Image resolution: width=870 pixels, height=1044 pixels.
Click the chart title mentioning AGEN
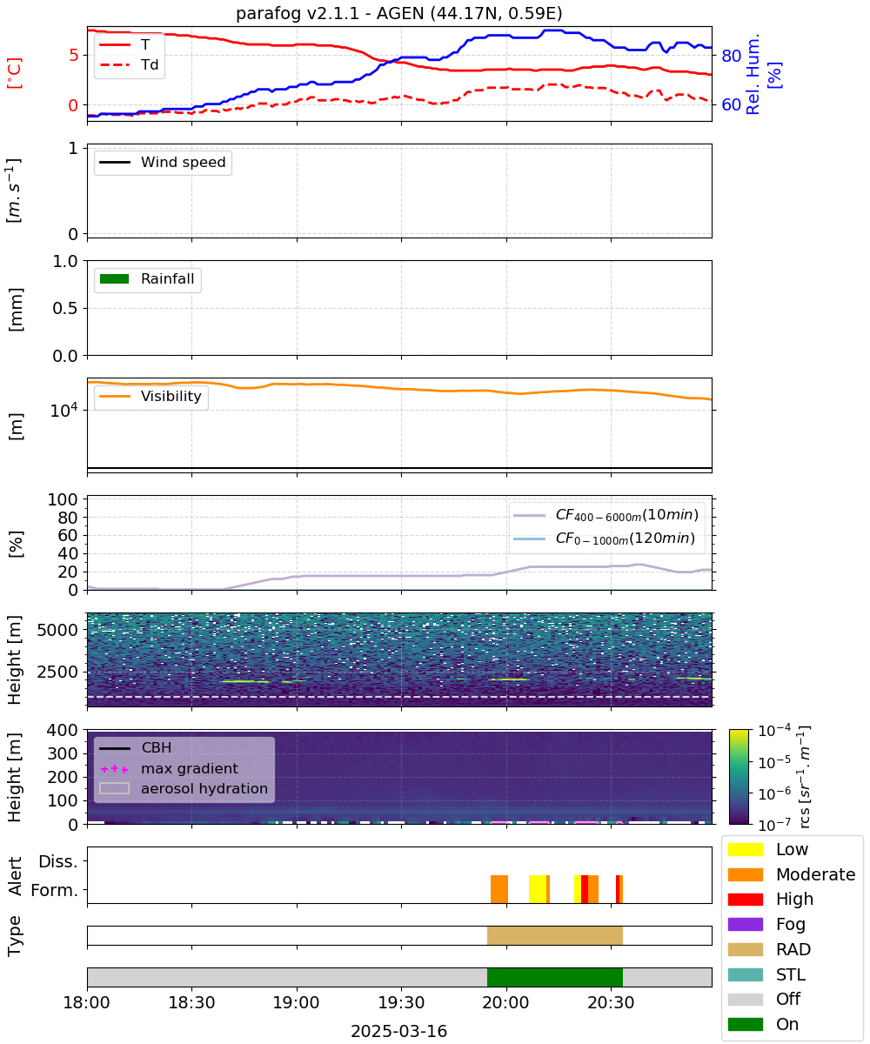click(x=399, y=13)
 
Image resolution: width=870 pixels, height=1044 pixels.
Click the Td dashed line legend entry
click(x=129, y=64)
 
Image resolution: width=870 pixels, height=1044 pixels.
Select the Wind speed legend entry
click(x=163, y=162)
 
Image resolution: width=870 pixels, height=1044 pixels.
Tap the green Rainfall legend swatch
click(x=115, y=278)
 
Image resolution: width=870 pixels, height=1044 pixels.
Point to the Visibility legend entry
click(x=150, y=396)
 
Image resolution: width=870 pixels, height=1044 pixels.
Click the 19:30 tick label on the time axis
click(x=401, y=1002)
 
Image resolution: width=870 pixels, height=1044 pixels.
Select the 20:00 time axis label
click(x=506, y=1002)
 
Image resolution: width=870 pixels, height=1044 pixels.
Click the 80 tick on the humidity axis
click(x=731, y=56)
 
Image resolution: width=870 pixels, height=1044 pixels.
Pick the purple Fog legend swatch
click(x=745, y=924)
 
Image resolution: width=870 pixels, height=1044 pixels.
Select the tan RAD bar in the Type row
click(x=555, y=935)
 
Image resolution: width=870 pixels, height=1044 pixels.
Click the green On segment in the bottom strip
click(x=555, y=977)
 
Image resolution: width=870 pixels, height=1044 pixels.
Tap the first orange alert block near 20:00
click(x=499, y=889)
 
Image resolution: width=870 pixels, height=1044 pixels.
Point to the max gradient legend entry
click(x=169, y=768)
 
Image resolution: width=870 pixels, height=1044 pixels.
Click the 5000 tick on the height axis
click(x=57, y=630)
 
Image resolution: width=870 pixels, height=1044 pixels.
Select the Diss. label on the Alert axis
click(x=58, y=861)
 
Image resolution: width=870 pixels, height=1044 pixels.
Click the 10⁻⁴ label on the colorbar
click(x=774, y=731)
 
